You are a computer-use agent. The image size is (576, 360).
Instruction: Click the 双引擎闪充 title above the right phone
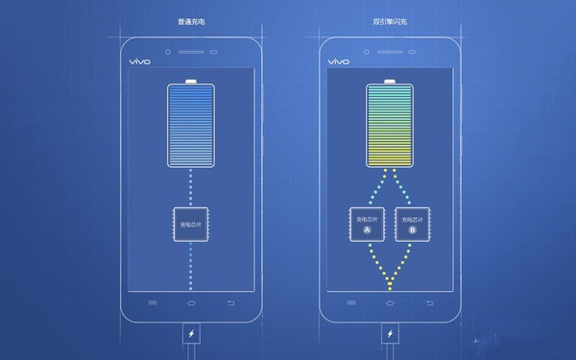391,19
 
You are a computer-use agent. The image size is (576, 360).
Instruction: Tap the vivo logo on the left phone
140,60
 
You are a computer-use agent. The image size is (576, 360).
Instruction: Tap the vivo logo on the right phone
338,60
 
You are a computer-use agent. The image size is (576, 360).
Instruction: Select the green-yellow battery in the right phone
390,129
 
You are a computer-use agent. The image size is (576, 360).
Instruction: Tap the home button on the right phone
390,302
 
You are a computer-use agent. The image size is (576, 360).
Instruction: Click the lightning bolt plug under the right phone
390,336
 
